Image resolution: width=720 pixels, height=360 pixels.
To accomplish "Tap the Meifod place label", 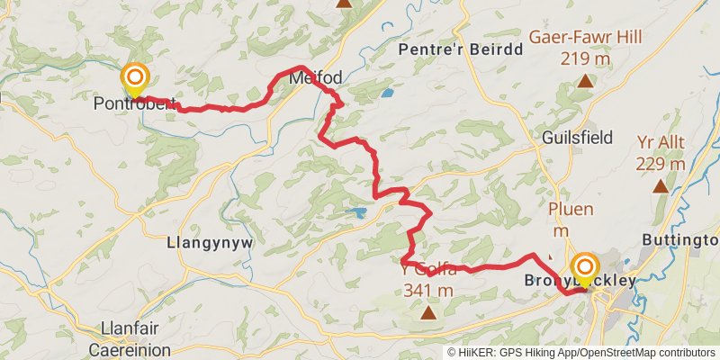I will point(316,79).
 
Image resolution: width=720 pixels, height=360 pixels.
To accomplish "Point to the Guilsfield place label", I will point(578,138).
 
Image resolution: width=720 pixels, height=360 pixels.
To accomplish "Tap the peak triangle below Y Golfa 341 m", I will point(428,313).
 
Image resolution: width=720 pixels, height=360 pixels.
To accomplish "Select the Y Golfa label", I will point(427,269).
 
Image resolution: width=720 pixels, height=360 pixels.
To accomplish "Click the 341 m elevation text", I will point(427,290).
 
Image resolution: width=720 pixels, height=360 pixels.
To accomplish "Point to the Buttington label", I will point(680,240).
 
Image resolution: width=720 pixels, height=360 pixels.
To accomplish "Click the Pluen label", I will point(571,210).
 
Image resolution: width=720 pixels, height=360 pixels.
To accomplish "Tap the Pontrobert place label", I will point(130,103).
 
